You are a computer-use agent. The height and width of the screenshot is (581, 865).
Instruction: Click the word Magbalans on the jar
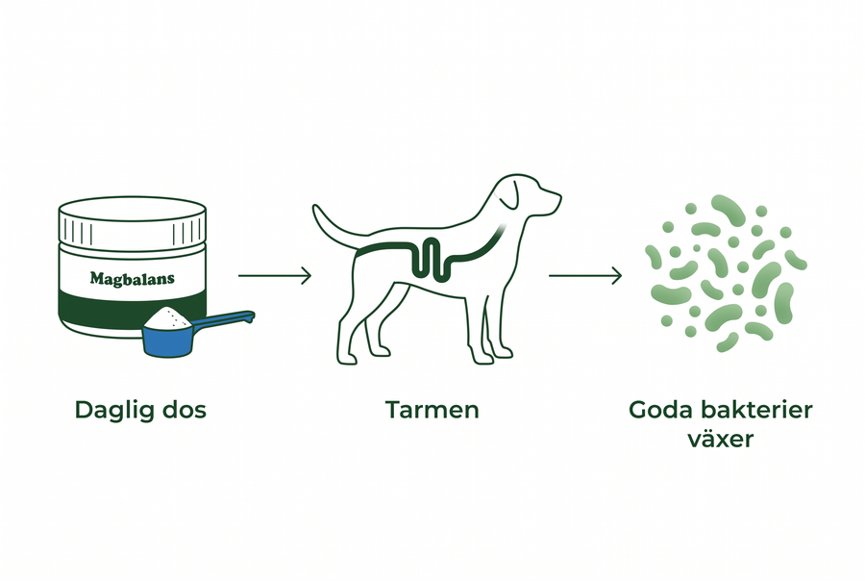(x=133, y=278)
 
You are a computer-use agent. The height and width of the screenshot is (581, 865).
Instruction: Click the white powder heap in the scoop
(x=167, y=317)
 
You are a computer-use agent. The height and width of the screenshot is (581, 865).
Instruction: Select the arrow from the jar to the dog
(x=275, y=275)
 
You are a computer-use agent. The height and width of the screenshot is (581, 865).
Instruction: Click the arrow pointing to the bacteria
(x=585, y=275)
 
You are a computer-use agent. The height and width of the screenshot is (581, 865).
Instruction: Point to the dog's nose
(x=558, y=195)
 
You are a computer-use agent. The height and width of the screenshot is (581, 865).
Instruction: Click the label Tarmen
(x=432, y=411)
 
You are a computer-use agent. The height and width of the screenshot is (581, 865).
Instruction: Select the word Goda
(x=661, y=411)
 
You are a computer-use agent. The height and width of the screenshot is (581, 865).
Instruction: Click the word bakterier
(x=757, y=411)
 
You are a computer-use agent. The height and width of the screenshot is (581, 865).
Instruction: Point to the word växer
(x=721, y=440)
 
